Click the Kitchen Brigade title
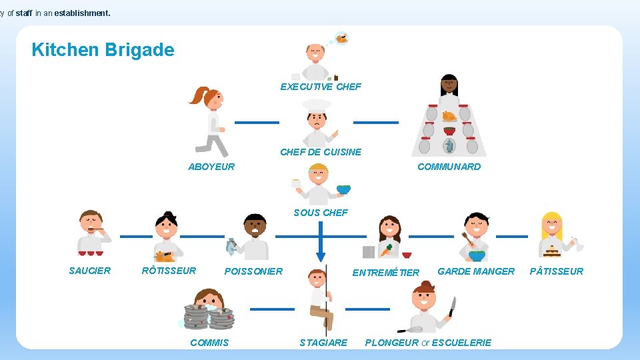pyautogui.click(x=103, y=50)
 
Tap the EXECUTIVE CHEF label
pyautogui.click(x=321, y=87)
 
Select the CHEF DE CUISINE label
pyautogui.click(x=321, y=152)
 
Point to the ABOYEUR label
pyautogui.click(x=211, y=167)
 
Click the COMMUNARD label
pyautogui.click(x=449, y=167)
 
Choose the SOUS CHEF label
pyautogui.click(x=321, y=213)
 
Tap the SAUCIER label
pyautogui.click(x=90, y=271)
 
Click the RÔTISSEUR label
pyautogui.click(x=169, y=271)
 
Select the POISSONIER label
pyautogui.click(x=253, y=271)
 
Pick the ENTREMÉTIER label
pyautogui.click(x=386, y=272)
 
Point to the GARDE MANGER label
pyautogui.click(x=476, y=271)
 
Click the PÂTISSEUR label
pyautogui.click(x=556, y=271)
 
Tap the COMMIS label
pyautogui.click(x=209, y=343)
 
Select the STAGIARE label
pyautogui.click(x=323, y=343)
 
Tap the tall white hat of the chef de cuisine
pyautogui.click(x=317, y=105)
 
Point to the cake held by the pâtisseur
pyautogui.click(x=551, y=251)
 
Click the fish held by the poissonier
pyautogui.click(x=231, y=247)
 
